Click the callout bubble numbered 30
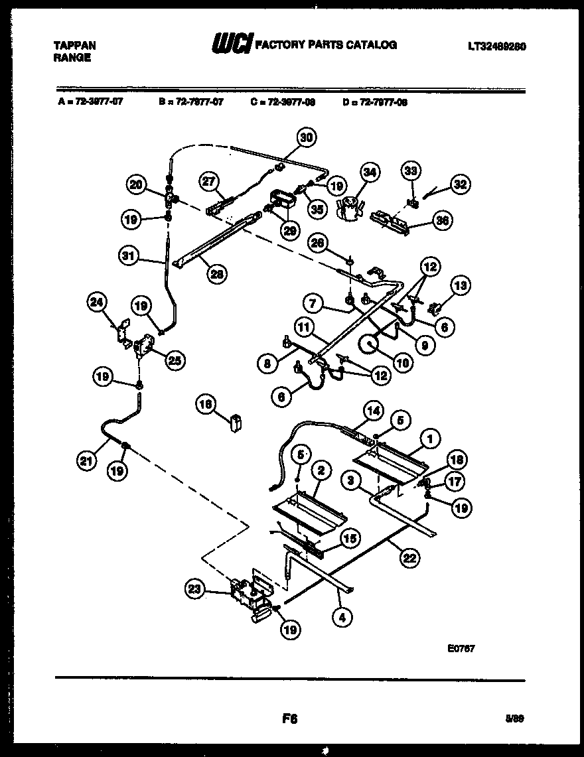pyautogui.click(x=305, y=138)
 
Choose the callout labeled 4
pyautogui.click(x=342, y=617)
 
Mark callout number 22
pyautogui.click(x=409, y=557)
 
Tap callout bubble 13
pyautogui.click(x=459, y=286)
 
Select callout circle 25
pyautogui.click(x=175, y=360)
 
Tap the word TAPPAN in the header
pyautogui.click(x=74, y=46)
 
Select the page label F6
pyautogui.click(x=289, y=717)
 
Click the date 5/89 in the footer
pyautogui.click(x=516, y=718)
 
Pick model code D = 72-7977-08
pyautogui.click(x=375, y=102)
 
